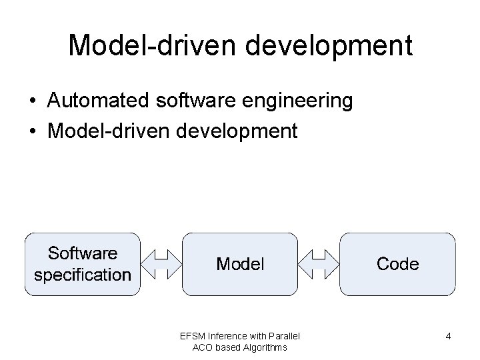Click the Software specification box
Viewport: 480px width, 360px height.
click(x=83, y=264)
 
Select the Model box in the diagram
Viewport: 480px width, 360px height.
click(x=240, y=264)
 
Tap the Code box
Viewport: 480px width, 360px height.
click(x=397, y=264)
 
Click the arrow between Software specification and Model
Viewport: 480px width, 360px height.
click(x=161, y=264)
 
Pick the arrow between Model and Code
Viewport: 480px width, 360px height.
click(x=319, y=264)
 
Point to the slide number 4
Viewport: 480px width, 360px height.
click(x=449, y=337)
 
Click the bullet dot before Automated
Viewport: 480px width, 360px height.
click(x=32, y=101)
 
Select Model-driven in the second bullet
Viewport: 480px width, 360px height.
click(x=109, y=131)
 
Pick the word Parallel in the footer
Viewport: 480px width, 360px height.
click(x=285, y=335)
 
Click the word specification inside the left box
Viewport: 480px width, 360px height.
click(x=83, y=275)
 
